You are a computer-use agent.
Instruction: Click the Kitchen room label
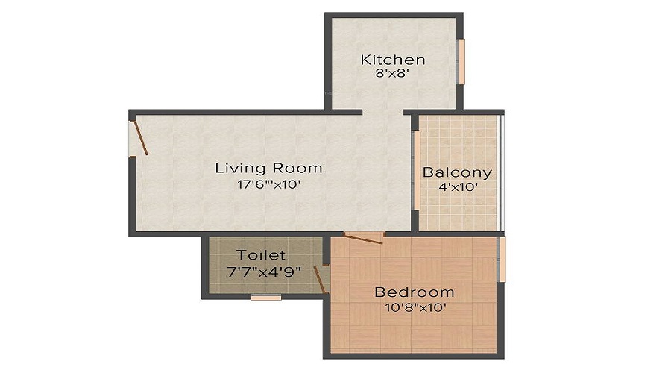coord(393,60)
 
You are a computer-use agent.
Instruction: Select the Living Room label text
coord(268,168)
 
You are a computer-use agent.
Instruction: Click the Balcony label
coord(457,173)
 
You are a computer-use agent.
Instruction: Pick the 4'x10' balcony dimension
coord(459,186)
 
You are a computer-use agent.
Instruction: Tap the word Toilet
coord(261,255)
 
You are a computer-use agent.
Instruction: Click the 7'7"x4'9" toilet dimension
coord(264,272)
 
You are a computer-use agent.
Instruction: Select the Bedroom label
coord(414,292)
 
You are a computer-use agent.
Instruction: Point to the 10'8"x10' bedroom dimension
coord(416,307)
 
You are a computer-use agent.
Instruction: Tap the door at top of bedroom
coord(363,239)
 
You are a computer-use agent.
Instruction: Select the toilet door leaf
coord(321,280)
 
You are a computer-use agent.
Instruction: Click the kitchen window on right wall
coord(461,62)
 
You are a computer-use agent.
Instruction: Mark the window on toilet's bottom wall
coord(265,297)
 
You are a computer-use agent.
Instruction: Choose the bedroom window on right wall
coord(503,260)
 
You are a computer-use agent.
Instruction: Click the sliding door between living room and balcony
coord(415,170)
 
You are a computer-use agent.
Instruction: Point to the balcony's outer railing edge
coord(502,173)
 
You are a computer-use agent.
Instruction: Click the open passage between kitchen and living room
coord(383,112)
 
